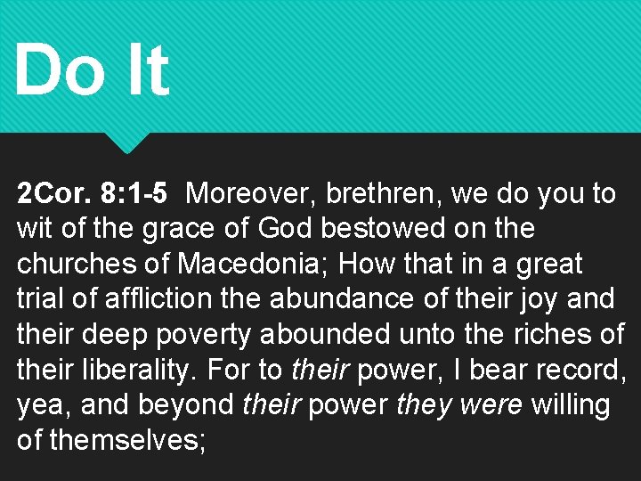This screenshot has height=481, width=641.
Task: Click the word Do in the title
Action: [x=60, y=70]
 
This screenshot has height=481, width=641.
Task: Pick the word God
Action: [x=284, y=229]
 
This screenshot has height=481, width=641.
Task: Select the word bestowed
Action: [x=385, y=229]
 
